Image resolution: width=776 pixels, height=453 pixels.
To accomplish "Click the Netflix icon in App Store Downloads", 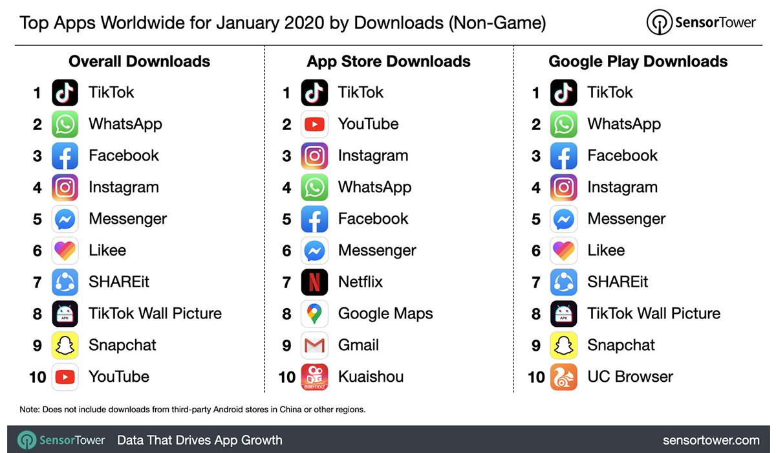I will (314, 282).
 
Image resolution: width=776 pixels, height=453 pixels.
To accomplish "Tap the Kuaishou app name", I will (371, 377).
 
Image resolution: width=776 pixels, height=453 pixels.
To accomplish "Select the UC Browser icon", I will (564, 377).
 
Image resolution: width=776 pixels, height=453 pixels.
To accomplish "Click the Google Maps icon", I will (314, 314).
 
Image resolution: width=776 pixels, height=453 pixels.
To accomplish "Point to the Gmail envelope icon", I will (314, 346).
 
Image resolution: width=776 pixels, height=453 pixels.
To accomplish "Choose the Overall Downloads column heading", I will (139, 61).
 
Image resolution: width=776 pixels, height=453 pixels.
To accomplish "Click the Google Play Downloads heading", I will (638, 61).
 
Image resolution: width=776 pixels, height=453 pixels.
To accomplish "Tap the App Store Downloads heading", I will (389, 61).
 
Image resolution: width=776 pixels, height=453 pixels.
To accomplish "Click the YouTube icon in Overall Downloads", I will (65, 377).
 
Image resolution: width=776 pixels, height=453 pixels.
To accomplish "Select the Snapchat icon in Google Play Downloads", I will (564, 346).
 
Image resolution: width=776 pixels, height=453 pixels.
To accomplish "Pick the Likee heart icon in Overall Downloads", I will (65, 250).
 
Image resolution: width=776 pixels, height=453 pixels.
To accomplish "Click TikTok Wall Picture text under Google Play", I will (653, 314).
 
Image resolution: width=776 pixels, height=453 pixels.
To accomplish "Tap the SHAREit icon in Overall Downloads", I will (65, 282).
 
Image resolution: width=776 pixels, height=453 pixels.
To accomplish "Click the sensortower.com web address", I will (710, 440).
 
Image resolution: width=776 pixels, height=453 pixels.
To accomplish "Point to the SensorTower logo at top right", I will (701, 23).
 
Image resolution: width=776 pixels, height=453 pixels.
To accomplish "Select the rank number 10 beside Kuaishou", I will (286, 377).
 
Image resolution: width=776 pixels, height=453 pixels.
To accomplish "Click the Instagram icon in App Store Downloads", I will (314, 156).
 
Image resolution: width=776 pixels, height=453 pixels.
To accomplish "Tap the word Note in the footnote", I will (29, 409).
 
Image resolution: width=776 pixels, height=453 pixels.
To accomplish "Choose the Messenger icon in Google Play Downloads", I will (564, 219).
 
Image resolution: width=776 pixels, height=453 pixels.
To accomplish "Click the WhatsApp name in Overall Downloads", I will (125, 124).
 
